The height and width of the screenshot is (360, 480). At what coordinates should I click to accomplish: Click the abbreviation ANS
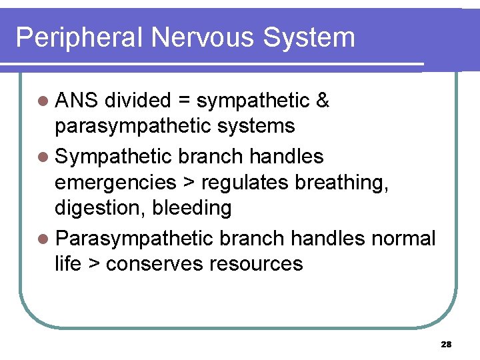[x=77, y=101]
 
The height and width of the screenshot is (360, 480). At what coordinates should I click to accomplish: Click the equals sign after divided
[x=185, y=101]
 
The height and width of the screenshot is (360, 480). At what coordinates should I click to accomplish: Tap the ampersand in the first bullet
[x=323, y=101]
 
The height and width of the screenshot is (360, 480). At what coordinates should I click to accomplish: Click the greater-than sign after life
[x=93, y=264]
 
